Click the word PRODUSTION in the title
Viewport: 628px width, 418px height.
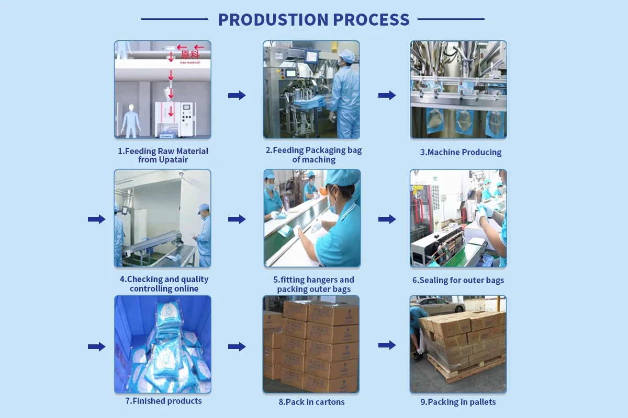[x=273, y=19]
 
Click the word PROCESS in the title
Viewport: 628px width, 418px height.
[x=372, y=19]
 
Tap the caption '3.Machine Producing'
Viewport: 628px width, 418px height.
[x=461, y=152]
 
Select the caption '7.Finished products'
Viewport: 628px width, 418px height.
[x=163, y=401]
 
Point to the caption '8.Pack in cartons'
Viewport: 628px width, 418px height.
[x=311, y=402]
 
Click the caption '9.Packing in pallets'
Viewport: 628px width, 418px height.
[x=458, y=402]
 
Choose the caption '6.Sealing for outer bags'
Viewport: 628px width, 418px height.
[x=458, y=280]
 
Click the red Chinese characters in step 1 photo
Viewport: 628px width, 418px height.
[x=190, y=54]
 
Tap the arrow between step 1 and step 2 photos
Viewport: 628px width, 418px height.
[x=237, y=95]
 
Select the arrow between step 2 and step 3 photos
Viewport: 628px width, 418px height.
[x=387, y=95]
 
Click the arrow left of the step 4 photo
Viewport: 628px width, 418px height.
[x=97, y=219]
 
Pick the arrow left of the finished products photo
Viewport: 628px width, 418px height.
[x=97, y=346]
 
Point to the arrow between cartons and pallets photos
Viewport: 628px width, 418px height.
[x=387, y=345]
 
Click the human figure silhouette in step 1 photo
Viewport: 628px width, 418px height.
[x=131, y=121]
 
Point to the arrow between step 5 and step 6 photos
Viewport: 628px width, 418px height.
[x=387, y=219]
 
